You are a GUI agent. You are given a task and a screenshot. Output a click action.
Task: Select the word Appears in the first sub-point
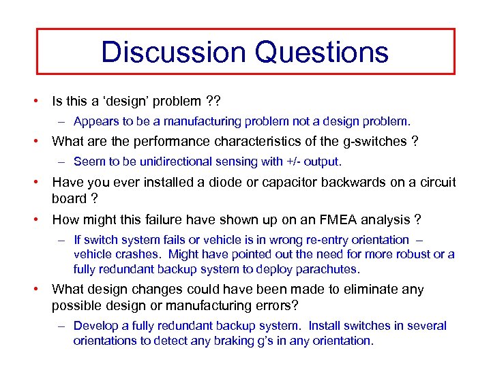click(x=96, y=122)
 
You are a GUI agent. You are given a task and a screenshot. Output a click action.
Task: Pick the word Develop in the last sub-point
click(x=96, y=326)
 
